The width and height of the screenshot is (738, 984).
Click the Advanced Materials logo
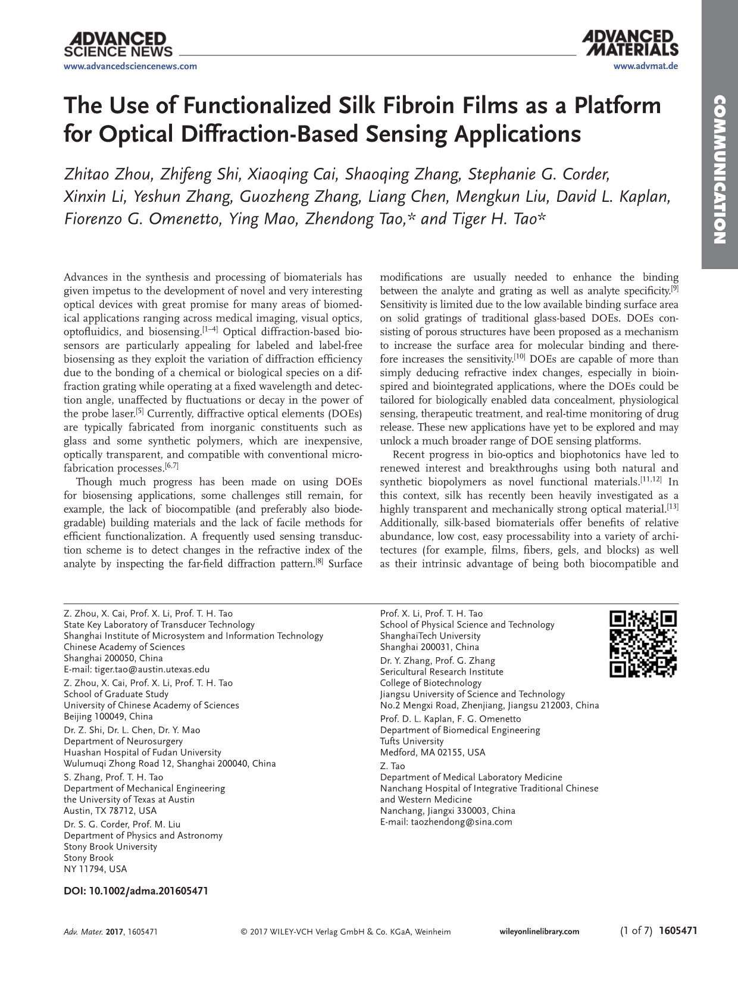point(630,43)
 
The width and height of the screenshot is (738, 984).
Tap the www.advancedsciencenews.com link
point(130,66)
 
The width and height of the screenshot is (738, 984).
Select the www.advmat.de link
point(645,66)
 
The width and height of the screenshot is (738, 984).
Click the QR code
point(643,644)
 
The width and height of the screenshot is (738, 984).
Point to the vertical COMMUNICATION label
point(720,169)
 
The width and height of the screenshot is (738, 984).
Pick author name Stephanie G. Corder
point(539,174)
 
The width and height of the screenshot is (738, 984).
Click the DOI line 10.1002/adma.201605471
point(136,891)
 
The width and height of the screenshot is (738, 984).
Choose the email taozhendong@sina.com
point(461,821)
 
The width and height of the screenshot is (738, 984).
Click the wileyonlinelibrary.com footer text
point(538,932)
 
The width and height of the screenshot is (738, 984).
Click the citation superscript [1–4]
point(210,329)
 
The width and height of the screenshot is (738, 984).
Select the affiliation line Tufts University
point(412,741)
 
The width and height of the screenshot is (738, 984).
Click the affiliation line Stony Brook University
point(111,846)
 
